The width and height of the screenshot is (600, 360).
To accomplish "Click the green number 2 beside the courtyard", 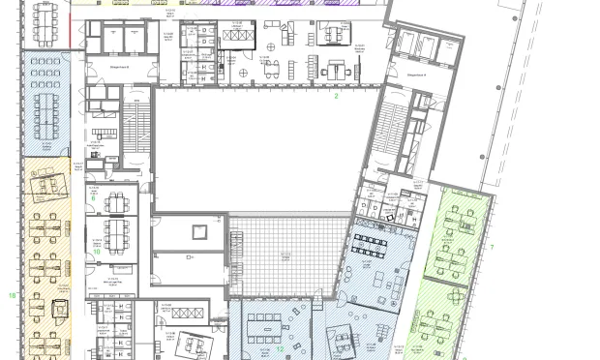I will pyautogui.click(x=337, y=97).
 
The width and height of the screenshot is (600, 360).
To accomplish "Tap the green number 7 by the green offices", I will pyautogui.click(x=492, y=248).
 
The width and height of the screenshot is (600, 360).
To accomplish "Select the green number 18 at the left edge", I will pyautogui.click(x=12, y=294).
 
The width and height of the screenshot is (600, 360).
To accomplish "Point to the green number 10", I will pyautogui.click(x=97, y=251).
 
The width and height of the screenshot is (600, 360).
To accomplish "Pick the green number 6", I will pyautogui.click(x=94, y=197).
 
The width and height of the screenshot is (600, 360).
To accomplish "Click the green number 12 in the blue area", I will pyautogui.click(x=279, y=349).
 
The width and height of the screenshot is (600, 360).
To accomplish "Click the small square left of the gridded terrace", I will pyautogui.click(x=200, y=232).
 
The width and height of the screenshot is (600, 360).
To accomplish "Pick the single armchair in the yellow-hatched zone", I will pyautogui.click(x=57, y=309).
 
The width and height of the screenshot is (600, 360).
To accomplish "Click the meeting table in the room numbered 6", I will pyautogui.click(x=117, y=203).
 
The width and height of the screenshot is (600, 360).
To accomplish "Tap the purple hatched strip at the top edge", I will pyautogui.click(x=290, y=4).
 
